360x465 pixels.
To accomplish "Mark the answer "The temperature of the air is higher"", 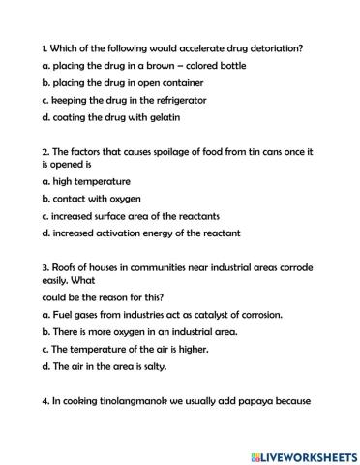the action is pos(126,350).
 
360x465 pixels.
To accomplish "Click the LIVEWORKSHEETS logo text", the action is pos(307,453).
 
